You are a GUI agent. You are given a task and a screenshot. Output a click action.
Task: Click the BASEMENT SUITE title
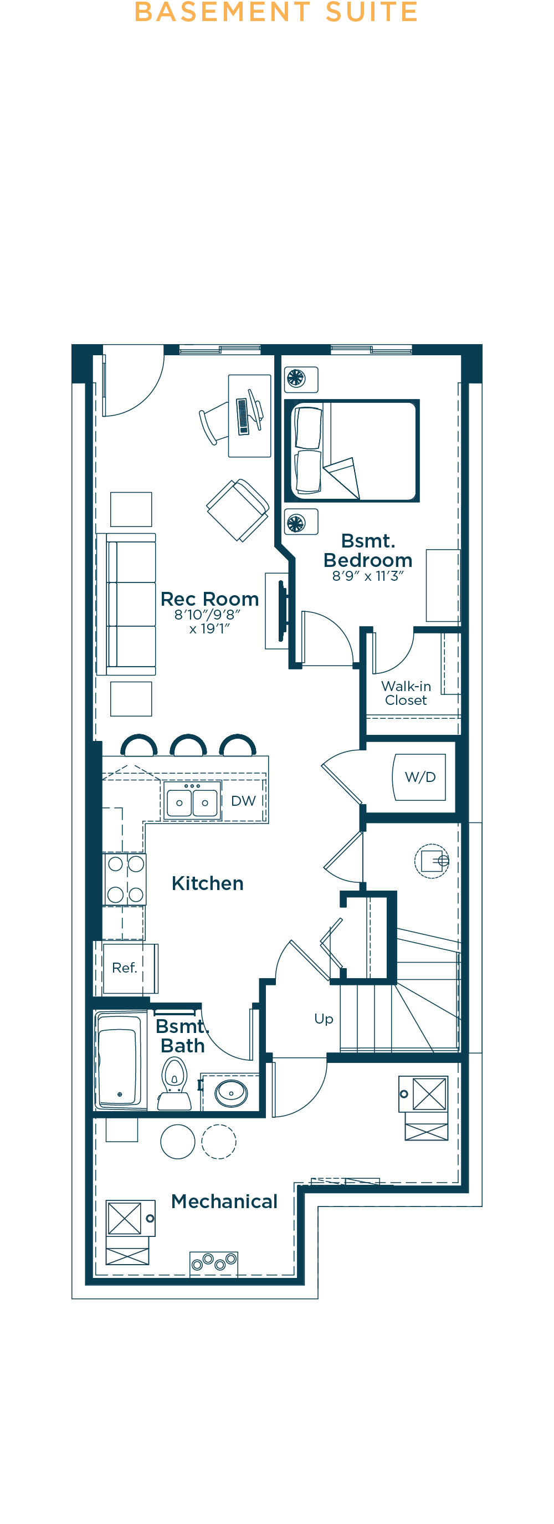coord(276,12)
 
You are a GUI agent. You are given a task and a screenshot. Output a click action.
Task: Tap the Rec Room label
coord(209,599)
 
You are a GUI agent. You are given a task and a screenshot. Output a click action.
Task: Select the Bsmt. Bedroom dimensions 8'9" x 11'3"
coord(368,576)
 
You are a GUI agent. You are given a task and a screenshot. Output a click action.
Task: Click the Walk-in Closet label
coord(406,693)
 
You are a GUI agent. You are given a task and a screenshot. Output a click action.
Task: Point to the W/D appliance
coord(419,777)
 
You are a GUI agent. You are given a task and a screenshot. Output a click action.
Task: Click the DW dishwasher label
coord(243,801)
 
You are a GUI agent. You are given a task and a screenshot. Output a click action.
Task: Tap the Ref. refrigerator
coord(127,969)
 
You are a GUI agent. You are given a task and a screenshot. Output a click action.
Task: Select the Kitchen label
coord(208,883)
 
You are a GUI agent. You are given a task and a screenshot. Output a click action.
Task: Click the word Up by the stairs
coord(324,1019)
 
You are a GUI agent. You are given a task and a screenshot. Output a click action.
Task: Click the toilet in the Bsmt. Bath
coord(175,1084)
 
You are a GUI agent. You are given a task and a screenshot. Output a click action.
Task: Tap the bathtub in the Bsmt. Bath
coord(120,1059)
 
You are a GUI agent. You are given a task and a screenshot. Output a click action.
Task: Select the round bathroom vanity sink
coord(231,1093)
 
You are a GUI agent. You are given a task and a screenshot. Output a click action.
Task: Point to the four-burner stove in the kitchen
coord(125,879)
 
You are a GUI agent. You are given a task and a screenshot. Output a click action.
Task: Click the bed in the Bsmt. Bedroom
coord(352,451)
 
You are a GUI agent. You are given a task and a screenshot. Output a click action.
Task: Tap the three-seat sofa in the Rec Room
coord(126,604)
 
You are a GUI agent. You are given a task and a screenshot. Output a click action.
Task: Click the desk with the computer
coord(249,415)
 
